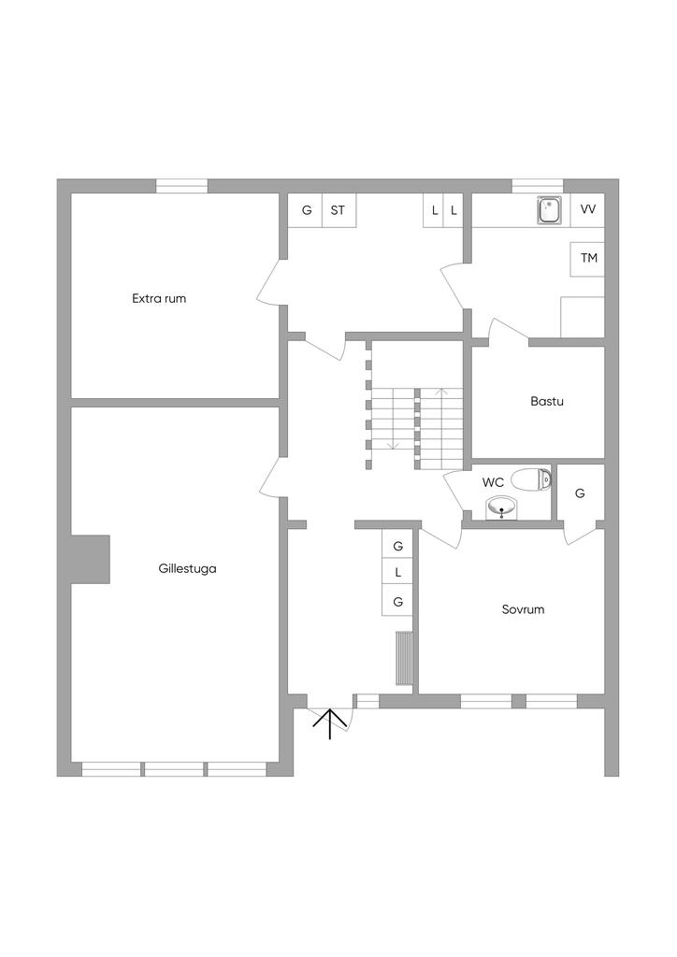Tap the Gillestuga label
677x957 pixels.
tap(188, 567)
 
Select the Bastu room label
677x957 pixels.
tap(547, 402)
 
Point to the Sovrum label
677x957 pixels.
tap(523, 609)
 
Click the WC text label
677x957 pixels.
tap(494, 483)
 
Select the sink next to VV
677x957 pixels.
tap(549, 210)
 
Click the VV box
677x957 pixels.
tap(588, 209)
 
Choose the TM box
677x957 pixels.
tap(588, 258)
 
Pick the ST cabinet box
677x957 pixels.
tap(338, 210)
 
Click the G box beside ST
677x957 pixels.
tap(306, 210)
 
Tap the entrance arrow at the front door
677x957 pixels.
tap(329, 723)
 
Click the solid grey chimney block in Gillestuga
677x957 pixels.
tap(91, 559)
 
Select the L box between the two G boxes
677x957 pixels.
tap(398, 572)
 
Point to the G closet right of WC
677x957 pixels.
tap(580, 493)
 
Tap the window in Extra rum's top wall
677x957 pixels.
tap(181, 186)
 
